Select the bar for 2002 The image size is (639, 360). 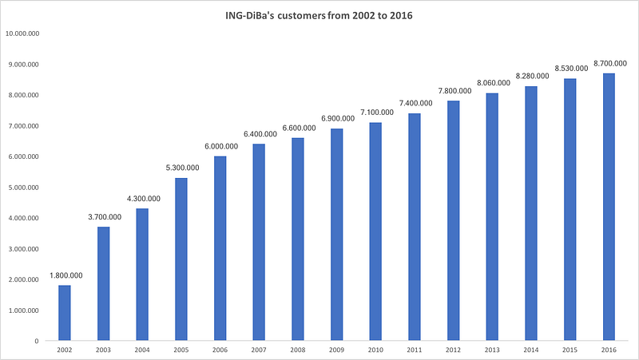click(x=65, y=313)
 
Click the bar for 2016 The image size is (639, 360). click(x=609, y=208)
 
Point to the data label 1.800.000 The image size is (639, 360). click(x=65, y=275)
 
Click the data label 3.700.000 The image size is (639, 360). click(x=104, y=217)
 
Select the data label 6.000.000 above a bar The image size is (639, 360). click(x=220, y=146)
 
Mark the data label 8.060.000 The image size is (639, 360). click(x=492, y=83)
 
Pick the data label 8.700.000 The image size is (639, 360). click(x=609, y=63)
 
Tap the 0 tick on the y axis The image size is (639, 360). click(x=37, y=342)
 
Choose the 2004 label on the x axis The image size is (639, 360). click(x=143, y=350)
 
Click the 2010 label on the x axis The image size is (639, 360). click(x=376, y=350)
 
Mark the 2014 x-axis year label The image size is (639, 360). click(x=531, y=350)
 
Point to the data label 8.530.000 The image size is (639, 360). click(x=570, y=69)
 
